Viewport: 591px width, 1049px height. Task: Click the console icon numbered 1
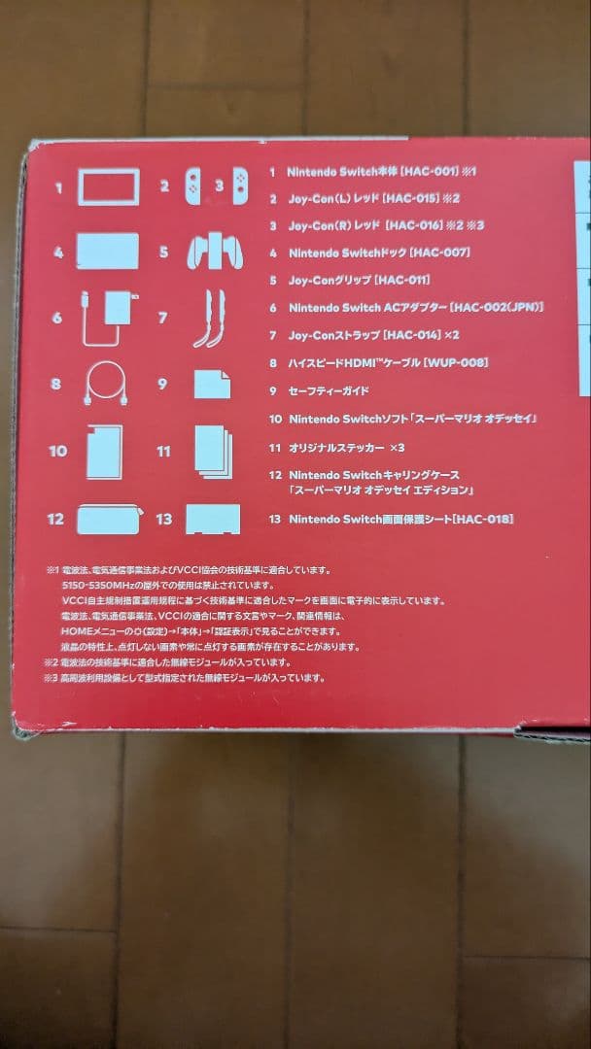(108, 186)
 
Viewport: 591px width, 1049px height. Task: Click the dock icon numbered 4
(107, 252)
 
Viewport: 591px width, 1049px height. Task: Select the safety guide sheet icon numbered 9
(212, 384)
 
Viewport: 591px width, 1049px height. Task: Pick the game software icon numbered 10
(104, 451)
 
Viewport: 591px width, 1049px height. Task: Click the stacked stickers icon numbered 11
(213, 451)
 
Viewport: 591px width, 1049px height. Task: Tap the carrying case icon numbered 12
(109, 519)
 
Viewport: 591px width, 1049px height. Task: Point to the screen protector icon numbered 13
(212, 519)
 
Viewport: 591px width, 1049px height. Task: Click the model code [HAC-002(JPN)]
(496, 307)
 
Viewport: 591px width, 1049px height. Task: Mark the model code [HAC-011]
(402, 280)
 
